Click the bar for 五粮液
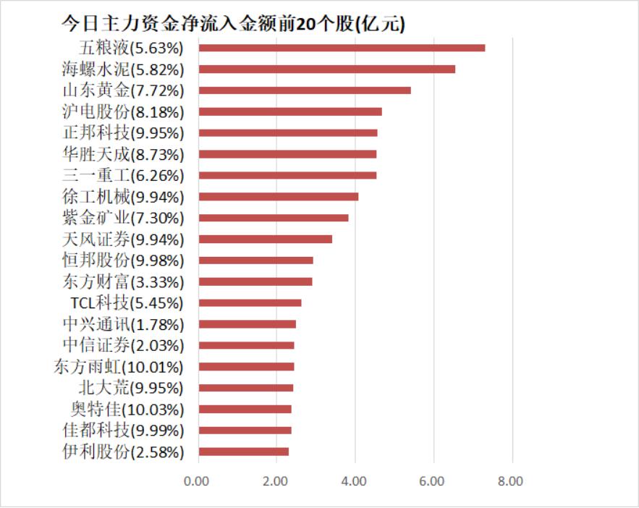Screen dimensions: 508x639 [x=342, y=48]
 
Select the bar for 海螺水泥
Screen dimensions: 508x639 [x=326, y=69]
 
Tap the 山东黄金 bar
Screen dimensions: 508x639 [x=305, y=90]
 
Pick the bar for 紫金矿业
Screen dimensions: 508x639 [x=274, y=218]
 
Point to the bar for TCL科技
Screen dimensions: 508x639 [x=250, y=302]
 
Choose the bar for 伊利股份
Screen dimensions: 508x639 [x=244, y=452]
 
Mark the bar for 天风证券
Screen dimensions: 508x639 [x=266, y=239]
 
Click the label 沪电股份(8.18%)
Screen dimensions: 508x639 [x=124, y=112]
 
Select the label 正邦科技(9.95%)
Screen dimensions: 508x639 [x=124, y=133]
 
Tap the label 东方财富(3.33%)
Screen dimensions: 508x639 [x=124, y=281]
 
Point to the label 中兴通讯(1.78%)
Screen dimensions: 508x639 [x=124, y=324]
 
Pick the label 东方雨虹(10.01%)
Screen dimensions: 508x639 [x=119, y=367]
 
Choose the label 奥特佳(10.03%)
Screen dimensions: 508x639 [x=127, y=409]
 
